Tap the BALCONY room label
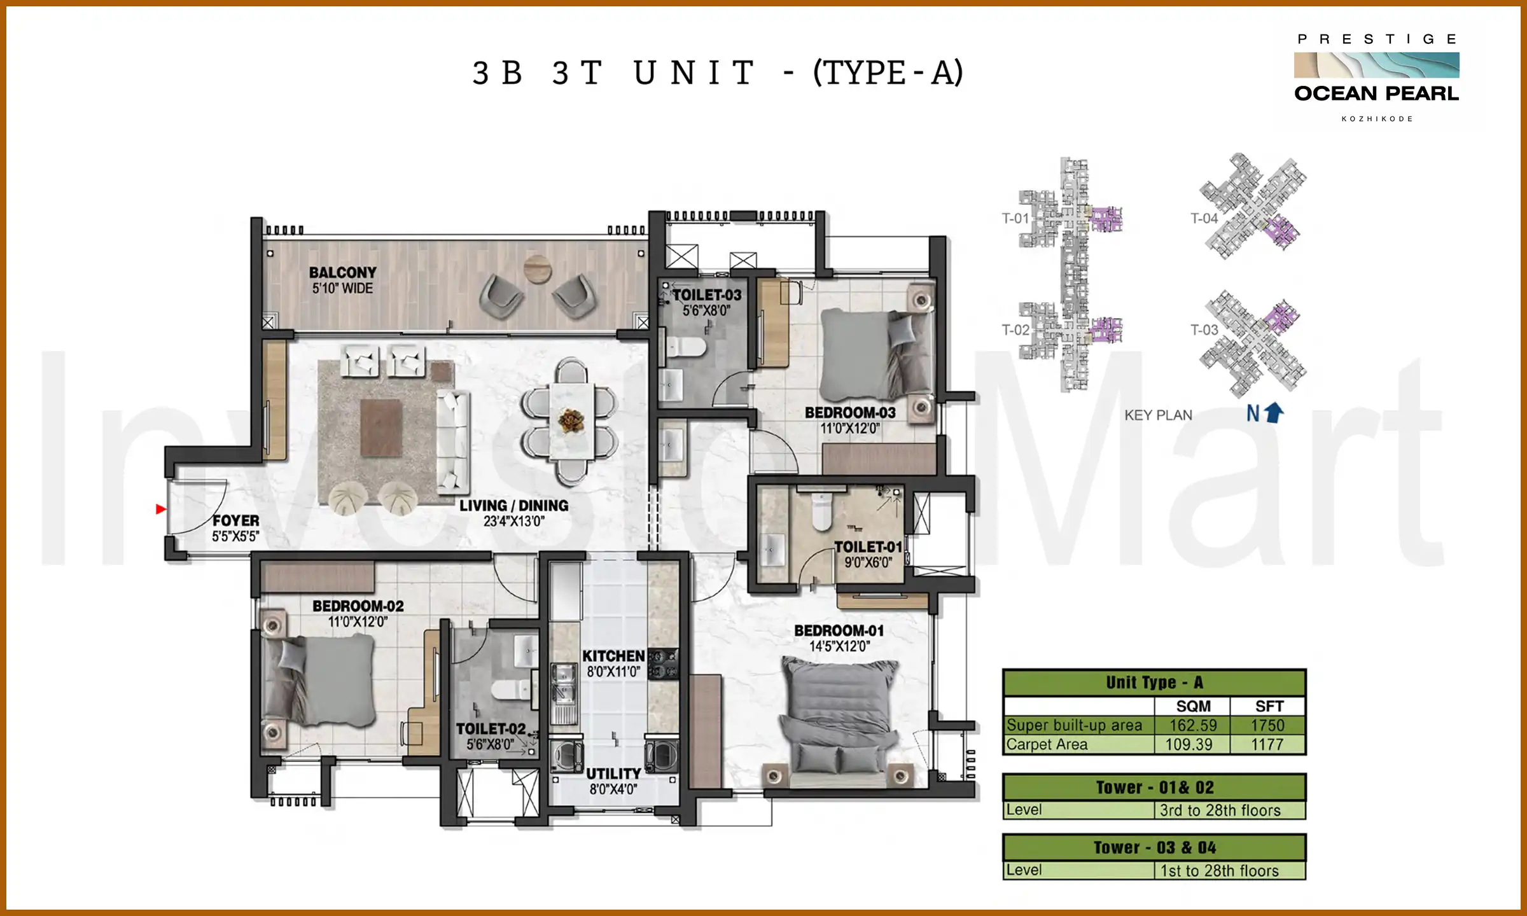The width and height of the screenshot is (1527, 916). pyautogui.click(x=342, y=273)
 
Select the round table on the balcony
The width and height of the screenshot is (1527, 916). pyautogui.click(x=538, y=268)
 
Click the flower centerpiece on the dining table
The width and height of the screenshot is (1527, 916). pyautogui.click(x=571, y=420)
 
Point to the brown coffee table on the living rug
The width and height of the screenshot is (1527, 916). pyautogui.click(x=381, y=427)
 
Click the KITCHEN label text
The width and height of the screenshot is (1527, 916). pyautogui.click(x=613, y=656)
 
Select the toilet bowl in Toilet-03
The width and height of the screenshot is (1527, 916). pyautogui.click(x=687, y=348)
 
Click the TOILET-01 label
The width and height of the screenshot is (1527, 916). pyautogui.click(x=868, y=547)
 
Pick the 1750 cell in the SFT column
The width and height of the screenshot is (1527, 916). pyautogui.click(x=1267, y=726)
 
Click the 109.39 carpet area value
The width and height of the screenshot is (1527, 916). pyautogui.click(x=1189, y=744)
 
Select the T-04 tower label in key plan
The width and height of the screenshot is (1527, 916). pyautogui.click(x=1204, y=219)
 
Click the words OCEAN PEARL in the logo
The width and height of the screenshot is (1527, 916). pyautogui.click(x=1376, y=94)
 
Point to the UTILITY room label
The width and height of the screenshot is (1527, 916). pyautogui.click(x=613, y=774)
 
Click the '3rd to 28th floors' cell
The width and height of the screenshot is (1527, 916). pyautogui.click(x=1220, y=810)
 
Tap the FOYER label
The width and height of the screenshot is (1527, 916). pyautogui.click(x=236, y=520)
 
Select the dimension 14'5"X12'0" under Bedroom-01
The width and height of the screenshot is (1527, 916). pyautogui.click(x=839, y=647)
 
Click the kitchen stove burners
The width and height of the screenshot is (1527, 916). pyautogui.click(x=664, y=663)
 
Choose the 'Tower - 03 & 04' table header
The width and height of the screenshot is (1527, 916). pyautogui.click(x=1154, y=847)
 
